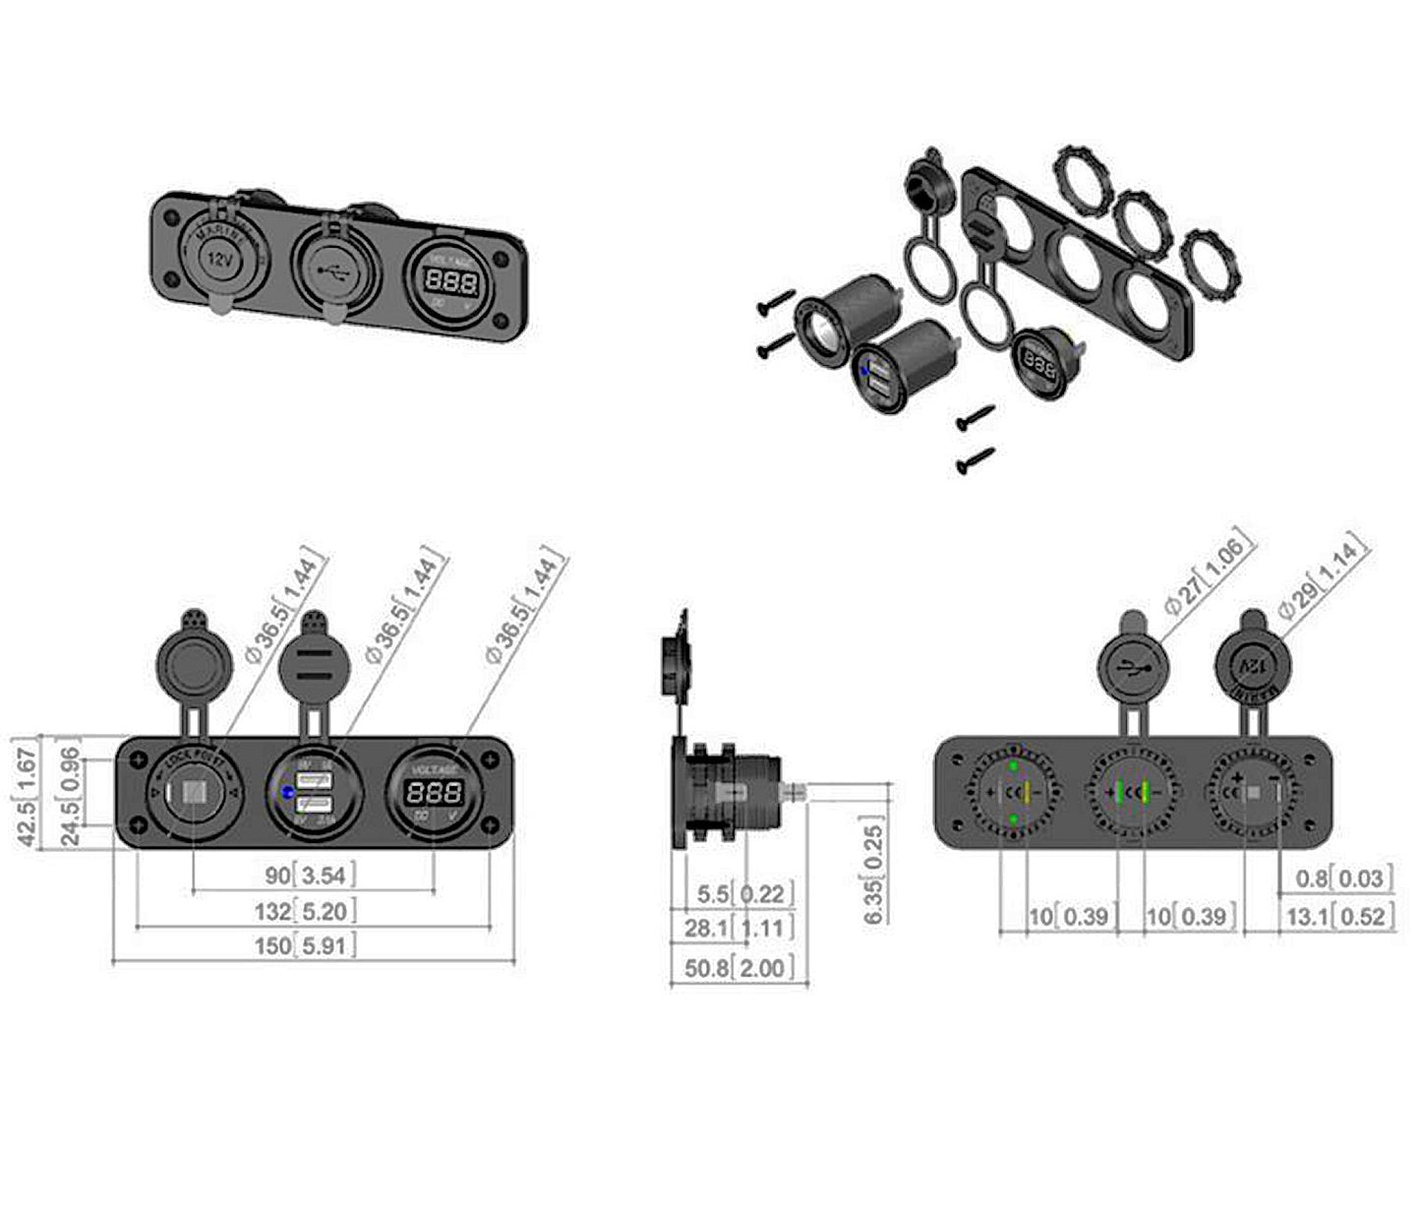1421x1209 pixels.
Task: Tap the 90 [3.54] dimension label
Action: click(309, 875)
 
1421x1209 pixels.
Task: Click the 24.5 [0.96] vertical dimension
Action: click(69, 796)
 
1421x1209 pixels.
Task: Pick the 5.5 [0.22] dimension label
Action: click(742, 894)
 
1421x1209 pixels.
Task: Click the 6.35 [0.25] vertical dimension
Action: click(874, 871)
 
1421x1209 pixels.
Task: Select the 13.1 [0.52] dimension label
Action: click(1336, 917)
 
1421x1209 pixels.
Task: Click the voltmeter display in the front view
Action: click(434, 792)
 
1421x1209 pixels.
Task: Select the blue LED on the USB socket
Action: click(286, 793)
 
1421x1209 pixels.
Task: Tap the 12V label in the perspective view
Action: click(217, 260)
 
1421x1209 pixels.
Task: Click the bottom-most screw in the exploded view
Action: click(975, 460)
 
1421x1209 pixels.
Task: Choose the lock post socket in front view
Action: click(193, 792)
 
